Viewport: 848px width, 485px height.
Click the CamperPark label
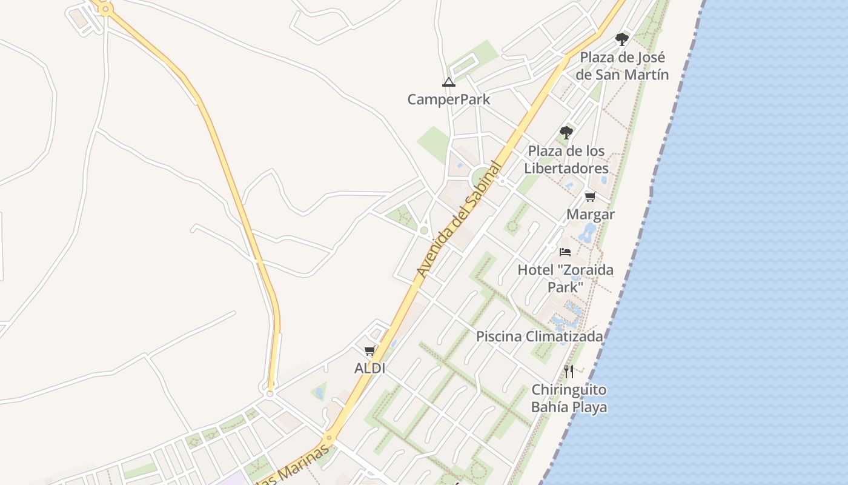pyautogui.click(x=448, y=99)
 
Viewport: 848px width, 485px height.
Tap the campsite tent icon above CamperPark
pyautogui.click(x=448, y=82)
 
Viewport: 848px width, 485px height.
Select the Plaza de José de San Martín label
pyautogui.click(x=622, y=66)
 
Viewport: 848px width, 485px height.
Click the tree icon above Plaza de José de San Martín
pyautogui.click(x=621, y=39)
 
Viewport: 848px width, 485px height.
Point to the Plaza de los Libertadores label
pyautogui.click(x=566, y=159)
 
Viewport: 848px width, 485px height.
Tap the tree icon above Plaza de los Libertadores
pyautogui.click(x=566, y=132)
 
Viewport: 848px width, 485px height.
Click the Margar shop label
pyautogui.click(x=590, y=214)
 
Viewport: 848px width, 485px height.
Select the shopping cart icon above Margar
pyautogui.click(x=590, y=196)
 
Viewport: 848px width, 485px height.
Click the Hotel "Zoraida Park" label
pyautogui.click(x=565, y=278)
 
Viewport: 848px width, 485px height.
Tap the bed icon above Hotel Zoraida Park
pyautogui.click(x=565, y=252)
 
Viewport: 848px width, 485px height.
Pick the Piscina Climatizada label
pyautogui.click(x=539, y=336)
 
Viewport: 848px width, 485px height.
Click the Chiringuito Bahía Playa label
pyautogui.click(x=569, y=398)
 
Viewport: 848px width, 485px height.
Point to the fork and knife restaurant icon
pyautogui.click(x=569, y=371)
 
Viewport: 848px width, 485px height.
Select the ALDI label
pyautogui.click(x=369, y=368)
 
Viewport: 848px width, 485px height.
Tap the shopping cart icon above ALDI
pyautogui.click(x=369, y=350)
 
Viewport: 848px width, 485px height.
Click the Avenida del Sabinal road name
pyautogui.click(x=460, y=219)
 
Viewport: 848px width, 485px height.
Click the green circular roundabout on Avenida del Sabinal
pyautogui.click(x=480, y=178)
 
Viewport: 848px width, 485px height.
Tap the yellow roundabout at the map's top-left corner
pyautogui.click(x=106, y=9)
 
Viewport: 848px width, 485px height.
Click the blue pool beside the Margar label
pyautogui.click(x=586, y=232)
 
